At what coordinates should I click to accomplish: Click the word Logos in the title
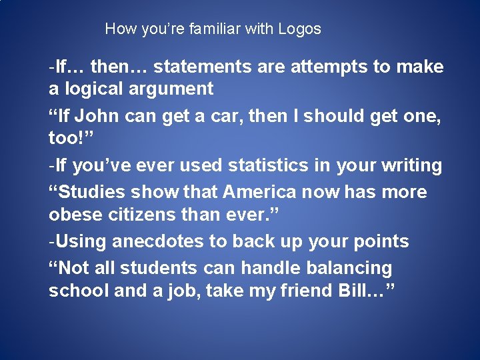(299, 29)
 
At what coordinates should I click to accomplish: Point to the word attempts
(333, 67)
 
